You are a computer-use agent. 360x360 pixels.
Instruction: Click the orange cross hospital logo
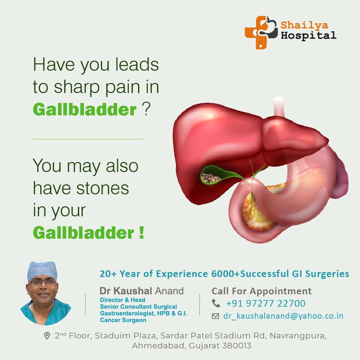tap(261, 32)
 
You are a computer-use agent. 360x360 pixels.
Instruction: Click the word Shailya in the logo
tap(304, 25)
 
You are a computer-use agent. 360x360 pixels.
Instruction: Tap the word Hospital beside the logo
tap(309, 35)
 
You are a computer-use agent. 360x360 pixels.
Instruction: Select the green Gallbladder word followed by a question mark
tap(85, 109)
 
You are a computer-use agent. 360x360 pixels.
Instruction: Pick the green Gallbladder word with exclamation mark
tap(84, 233)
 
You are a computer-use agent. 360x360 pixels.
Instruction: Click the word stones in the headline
tap(102, 188)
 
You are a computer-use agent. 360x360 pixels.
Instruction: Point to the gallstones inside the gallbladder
tap(211, 177)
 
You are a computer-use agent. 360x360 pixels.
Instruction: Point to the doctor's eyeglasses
tap(43, 282)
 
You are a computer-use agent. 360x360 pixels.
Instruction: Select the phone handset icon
tap(216, 303)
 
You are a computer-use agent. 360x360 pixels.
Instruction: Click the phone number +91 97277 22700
tap(266, 303)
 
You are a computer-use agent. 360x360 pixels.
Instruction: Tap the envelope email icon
tap(215, 316)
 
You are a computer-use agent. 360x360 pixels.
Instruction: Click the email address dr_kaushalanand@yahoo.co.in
tap(283, 316)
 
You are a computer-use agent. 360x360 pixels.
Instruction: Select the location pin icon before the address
tap(47, 336)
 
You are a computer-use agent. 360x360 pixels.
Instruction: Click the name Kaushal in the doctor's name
tap(133, 291)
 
